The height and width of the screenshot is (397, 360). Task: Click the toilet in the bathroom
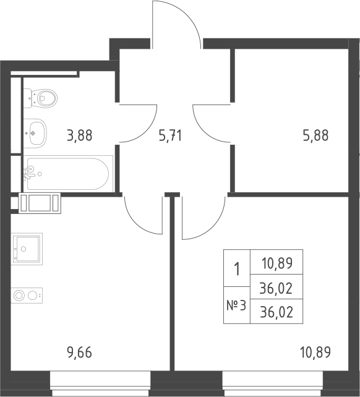[41, 98]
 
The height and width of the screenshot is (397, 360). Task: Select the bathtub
[68, 174]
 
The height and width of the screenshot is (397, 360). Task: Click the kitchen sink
[27, 249]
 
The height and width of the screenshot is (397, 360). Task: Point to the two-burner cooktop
[27, 295]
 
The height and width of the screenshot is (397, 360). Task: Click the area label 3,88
[80, 135]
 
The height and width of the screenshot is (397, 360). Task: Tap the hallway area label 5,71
[170, 135]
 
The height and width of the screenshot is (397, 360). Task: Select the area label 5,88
[315, 135]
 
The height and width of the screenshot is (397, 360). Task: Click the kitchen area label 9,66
[79, 352]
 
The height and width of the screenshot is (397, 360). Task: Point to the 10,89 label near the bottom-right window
[315, 352]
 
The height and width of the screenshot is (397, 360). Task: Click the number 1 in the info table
[237, 268]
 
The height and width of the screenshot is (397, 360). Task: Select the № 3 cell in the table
[236, 305]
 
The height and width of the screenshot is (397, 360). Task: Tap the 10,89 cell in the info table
[277, 263]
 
